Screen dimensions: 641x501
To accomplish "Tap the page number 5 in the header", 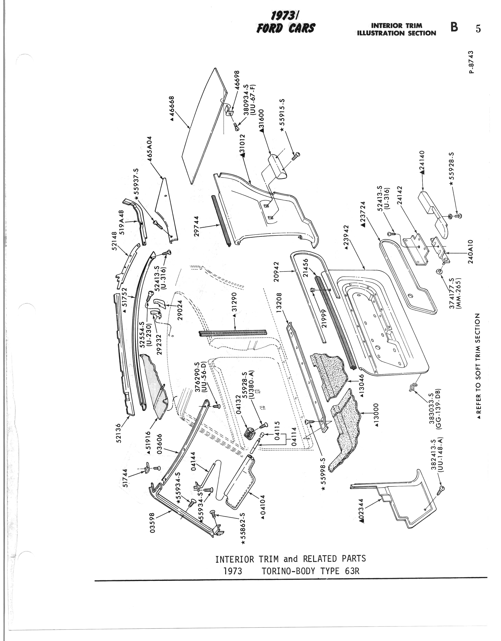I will (x=478, y=29).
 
